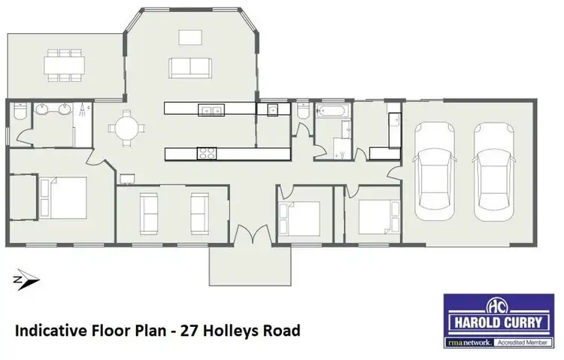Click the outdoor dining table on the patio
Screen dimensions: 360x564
(63, 65)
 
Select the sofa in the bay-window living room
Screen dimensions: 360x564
(190, 68)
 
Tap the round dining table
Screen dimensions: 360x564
(126, 126)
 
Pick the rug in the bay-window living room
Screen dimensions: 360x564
(190, 38)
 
